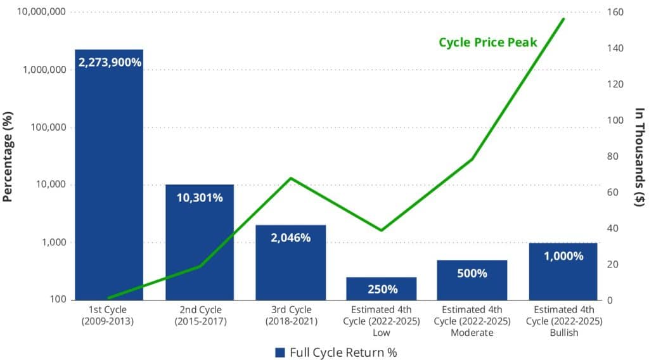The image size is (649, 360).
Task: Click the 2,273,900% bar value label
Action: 109,63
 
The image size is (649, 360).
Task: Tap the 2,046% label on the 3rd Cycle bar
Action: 290,238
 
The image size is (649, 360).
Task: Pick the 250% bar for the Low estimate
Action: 381,288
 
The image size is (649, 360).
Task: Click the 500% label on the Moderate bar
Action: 472,273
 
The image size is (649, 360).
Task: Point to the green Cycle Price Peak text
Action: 488,42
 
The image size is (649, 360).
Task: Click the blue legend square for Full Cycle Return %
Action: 280,352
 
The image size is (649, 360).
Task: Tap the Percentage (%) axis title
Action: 8,155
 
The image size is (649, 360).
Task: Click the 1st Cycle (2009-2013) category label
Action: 109,315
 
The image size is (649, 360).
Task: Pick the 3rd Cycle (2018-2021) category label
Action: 290,315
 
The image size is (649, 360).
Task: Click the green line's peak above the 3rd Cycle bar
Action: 290,178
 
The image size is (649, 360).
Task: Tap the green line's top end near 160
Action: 563,19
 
